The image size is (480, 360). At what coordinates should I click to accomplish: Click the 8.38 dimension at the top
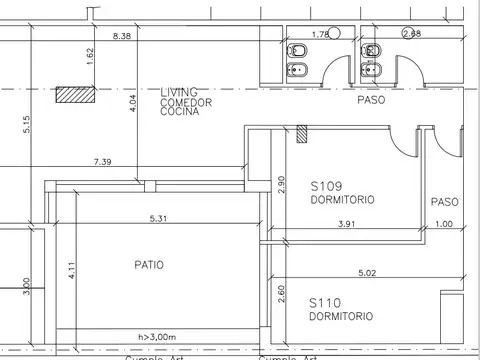coord(123,36)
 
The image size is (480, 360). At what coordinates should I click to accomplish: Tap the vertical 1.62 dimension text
coord(90,57)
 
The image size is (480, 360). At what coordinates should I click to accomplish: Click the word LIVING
coord(179,92)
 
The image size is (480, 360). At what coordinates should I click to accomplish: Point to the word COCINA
coord(180,112)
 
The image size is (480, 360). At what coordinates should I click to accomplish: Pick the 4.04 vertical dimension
coord(132,103)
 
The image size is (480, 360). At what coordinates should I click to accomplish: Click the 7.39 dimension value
coord(102,161)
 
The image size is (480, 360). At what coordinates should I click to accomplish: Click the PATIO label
coord(150,265)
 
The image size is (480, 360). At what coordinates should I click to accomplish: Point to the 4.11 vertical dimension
coord(71,271)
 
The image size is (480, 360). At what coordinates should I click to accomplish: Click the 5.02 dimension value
coord(369,272)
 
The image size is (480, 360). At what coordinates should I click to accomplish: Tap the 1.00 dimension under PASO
coord(443,224)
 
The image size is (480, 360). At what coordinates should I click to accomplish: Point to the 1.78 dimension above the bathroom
coord(320,35)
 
